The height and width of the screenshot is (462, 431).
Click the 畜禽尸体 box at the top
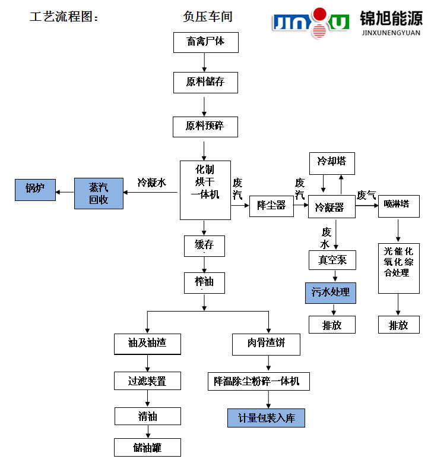[x=204, y=42]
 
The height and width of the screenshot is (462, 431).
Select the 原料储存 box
[x=205, y=82]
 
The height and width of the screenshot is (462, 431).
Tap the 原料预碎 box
[x=205, y=127]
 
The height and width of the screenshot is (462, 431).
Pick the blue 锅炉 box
[x=35, y=190]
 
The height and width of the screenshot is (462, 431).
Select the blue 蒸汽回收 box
[x=99, y=193]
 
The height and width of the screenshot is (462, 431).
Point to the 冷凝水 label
[x=151, y=183]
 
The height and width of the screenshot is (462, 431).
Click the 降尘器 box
[x=271, y=206]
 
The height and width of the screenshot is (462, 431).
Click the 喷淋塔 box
[x=398, y=205]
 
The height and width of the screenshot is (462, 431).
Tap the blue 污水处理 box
[x=331, y=293]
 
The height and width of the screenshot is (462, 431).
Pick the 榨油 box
[x=204, y=282]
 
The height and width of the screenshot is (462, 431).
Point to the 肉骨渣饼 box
[x=266, y=344]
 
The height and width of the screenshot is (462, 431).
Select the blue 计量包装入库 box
[x=266, y=417]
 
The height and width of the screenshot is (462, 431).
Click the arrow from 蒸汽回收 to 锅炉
[x=65, y=191]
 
